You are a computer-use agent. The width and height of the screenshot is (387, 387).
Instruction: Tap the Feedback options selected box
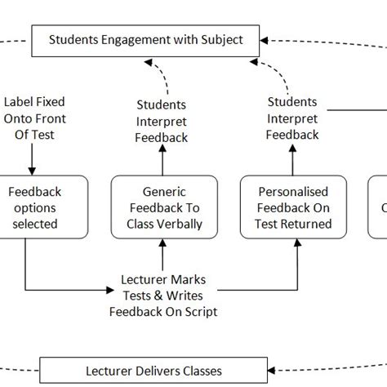pyautogui.click(x=34, y=207)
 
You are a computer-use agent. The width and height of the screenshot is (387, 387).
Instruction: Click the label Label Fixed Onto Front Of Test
pyautogui.click(x=34, y=118)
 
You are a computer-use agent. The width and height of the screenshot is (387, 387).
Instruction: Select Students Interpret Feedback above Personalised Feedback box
pyautogui.click(x=293, y=118)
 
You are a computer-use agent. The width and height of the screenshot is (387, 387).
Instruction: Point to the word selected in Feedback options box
pyautogui.click(x=34, y=223)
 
